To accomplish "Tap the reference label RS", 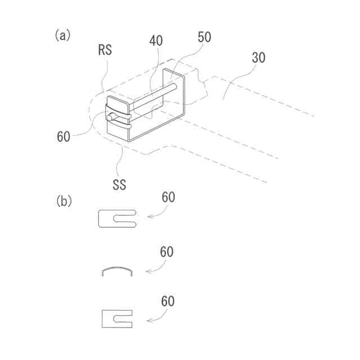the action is [x=105, y=49].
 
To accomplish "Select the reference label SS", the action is [x=119, y=183].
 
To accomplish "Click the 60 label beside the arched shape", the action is [x=167, y=252].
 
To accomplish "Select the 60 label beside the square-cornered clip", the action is [x=168, y=301].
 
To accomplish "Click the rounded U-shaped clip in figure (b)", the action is [x=116, y=218].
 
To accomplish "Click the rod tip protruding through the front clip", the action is [x=112, y=116].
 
